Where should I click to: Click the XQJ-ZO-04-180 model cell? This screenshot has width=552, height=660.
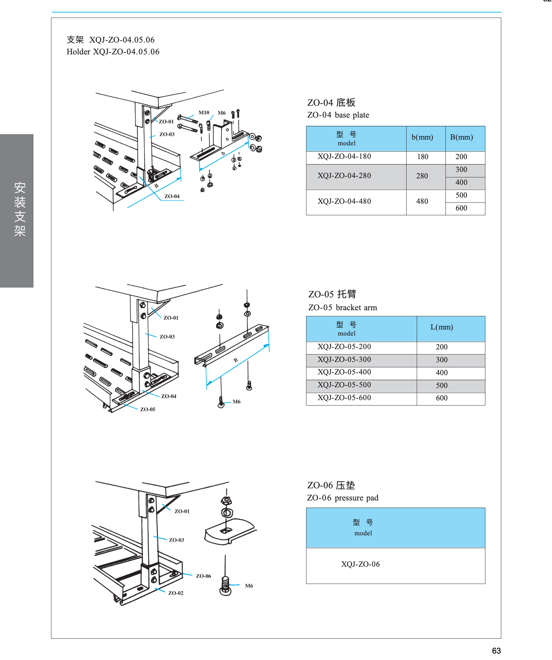click(344, 156)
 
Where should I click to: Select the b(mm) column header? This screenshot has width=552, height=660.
click(422, 137)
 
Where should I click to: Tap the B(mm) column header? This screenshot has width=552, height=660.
click(461, 137)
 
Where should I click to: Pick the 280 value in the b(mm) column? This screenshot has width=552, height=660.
click(422, 176)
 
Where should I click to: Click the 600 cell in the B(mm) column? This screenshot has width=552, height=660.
click(461, 208)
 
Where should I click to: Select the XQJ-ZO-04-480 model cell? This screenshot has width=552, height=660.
click(344, 201)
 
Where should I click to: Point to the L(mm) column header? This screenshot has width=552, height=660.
click(441, 327)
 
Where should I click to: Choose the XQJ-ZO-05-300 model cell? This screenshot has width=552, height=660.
click(344, 360)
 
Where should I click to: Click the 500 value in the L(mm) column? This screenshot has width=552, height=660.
click(441, 386)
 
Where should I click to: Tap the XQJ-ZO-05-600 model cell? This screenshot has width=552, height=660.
click(344, 398)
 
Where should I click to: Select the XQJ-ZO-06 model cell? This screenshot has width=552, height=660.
click(360, 564)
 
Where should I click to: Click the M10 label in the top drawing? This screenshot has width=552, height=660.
click(204, 113)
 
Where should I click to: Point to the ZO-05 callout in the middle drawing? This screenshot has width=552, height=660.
click(148, 410)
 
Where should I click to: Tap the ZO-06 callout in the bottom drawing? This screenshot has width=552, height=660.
click(203, 576)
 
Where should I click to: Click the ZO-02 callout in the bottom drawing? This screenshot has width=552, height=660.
click(176, 593)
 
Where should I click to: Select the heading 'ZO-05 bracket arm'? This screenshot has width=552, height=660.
click(342, 308)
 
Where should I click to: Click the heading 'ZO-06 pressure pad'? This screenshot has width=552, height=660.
click(342, 498)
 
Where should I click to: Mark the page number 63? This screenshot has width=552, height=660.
click(496, 651)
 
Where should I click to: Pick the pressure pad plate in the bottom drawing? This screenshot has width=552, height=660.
click(230, 532)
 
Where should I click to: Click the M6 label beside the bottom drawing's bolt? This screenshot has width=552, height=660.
click(249, 586)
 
